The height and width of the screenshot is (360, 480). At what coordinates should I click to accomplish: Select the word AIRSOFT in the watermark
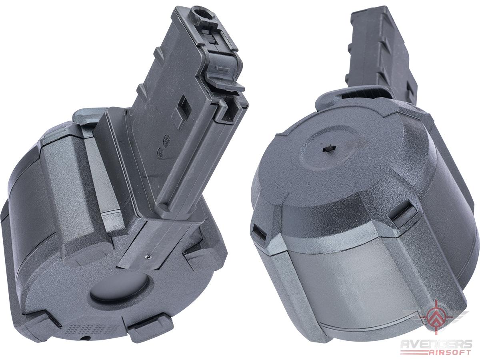pos(452,352)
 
